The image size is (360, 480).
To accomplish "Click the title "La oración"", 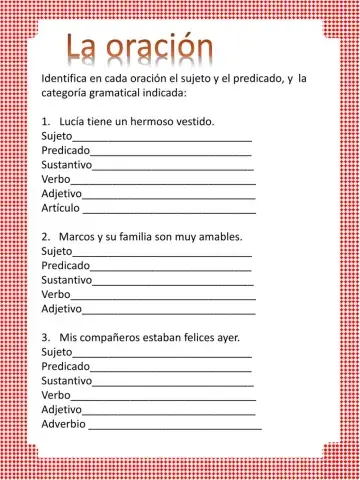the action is click(140, 46).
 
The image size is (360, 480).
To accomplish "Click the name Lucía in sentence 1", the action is click(74, 121).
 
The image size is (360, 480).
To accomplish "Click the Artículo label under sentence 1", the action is click(60, 209).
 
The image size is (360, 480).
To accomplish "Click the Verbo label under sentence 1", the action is click(56, 179).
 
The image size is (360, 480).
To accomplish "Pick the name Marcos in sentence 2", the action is click(78, 236).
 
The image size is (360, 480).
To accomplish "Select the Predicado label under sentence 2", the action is click(65, 265).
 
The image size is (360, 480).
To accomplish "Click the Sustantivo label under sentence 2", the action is click(67, 280).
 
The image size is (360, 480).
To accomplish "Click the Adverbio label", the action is click(64, 424).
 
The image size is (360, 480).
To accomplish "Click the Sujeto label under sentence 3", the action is click(57, 352).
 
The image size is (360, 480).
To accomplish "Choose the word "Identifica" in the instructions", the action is click(68, 77).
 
